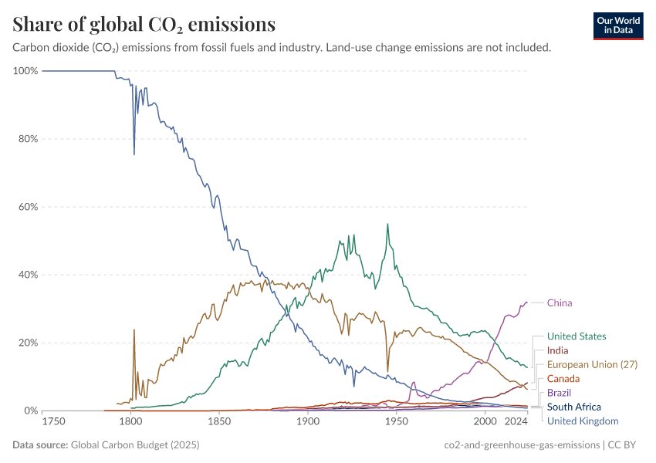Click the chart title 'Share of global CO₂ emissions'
click(144, 25)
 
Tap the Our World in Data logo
click(618, 25)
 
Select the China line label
click(560, 302)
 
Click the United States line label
click(577, 336)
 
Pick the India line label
click(557, 350)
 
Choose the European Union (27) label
click(592, 364)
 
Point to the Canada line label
click(563, 379)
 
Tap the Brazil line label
click(559, 393)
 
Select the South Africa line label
click(573, 407)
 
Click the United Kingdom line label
click(583, 421)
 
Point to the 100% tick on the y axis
click(25, 71)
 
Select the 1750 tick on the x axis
click(53, 422)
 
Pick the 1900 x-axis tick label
click(308, 422)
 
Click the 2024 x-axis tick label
click(516, 422)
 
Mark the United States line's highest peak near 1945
click(387, 224)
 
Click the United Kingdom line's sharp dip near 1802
click(134, 154)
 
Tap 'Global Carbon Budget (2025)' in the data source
click(134, 444)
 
